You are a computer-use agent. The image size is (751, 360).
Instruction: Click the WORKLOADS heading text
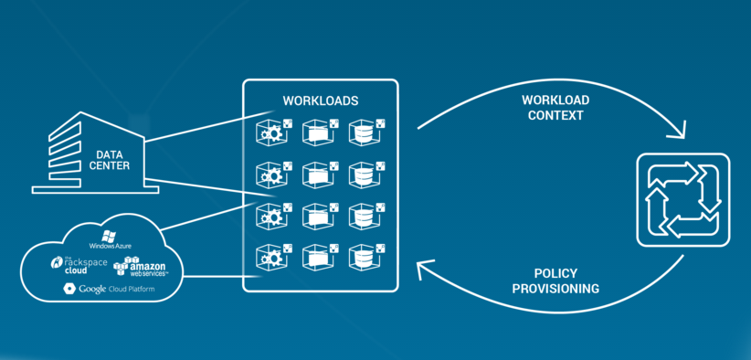pos(321,101)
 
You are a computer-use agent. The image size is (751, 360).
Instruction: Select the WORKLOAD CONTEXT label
pos(555,108)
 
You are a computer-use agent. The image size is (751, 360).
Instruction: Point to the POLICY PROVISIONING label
pos(555,281)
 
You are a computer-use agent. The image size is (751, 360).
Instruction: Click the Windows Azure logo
pos(111,239)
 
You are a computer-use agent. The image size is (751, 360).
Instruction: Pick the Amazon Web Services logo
pos(140,267)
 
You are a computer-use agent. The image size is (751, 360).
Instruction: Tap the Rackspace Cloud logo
pos(79,265)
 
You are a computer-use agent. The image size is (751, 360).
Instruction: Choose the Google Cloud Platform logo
pos(109,289)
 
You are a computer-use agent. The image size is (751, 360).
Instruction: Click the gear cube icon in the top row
pos(273,131)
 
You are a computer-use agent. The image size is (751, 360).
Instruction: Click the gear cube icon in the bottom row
pos(273,257)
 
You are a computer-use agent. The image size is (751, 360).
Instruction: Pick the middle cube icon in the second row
pos(320,174)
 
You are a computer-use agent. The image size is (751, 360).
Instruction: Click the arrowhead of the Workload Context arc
pos(678,132)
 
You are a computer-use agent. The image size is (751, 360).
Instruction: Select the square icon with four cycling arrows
pos(683,200)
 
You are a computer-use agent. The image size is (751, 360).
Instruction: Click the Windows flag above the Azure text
pos(109,235)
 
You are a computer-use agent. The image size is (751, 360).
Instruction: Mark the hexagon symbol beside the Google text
pos(69,289)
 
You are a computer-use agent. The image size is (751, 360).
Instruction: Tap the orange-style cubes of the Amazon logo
pos(122,267)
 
